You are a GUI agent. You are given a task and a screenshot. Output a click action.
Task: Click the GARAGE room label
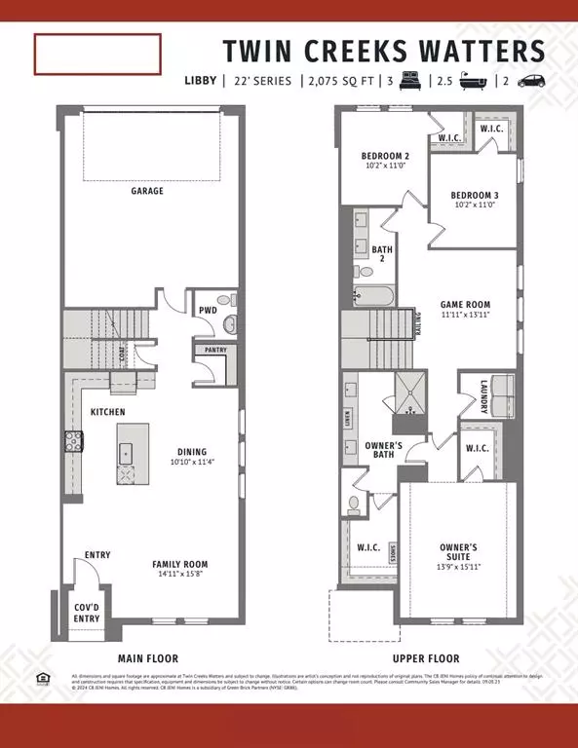[x=147, y=191]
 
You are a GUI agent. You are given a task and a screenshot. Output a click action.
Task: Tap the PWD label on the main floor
[x=208, y=311]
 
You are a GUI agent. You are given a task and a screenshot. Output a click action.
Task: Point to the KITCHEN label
[x=107, y=413]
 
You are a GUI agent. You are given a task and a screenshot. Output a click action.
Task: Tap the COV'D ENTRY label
[x=87, y=612]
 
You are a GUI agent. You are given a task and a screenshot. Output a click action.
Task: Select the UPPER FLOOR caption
[x=427, y=658]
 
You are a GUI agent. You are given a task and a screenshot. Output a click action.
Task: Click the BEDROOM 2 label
[x=384, y=156]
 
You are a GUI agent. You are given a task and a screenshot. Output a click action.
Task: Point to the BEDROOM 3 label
[x=476, y=194]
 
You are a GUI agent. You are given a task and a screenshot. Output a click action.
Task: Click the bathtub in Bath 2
[x=371, y=295]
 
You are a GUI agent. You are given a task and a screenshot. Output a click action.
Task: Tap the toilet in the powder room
[x=230, y=323]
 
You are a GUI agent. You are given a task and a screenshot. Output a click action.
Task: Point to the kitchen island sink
[x=127, y=453]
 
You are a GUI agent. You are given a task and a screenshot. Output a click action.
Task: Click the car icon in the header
[x=530, y=81]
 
